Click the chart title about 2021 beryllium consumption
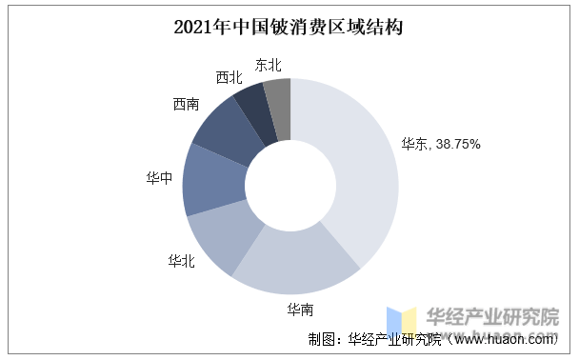(289, 26)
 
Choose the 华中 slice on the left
(211, 179)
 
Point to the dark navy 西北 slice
(257, 108)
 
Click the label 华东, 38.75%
(440, 145)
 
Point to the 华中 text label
(159, 177)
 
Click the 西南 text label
(187, 104)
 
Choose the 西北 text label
(230, 76)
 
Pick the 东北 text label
(270, 65)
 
